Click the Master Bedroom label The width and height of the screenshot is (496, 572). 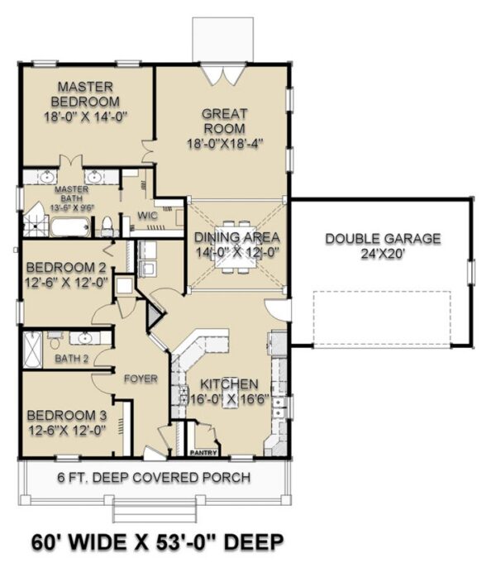[x=85, y=94]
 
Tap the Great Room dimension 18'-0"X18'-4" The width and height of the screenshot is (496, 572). [x=225, y=144]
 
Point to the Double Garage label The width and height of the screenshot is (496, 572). [x=383, y=239]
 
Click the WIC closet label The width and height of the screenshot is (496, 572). [x=147, y=215]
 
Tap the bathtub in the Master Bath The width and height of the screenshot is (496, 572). [x=70, y=227]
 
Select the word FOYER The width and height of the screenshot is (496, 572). [x=141, y=379]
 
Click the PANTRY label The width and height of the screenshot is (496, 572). [x=203, y=453]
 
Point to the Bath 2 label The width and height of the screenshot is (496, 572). [x=71, y=359]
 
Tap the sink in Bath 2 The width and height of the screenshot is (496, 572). [x=84, y=338]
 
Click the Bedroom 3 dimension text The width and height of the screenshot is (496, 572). [x=67, y=431]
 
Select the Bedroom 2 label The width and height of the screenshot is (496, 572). [x=66, y=267]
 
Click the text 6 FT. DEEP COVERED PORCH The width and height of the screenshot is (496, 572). [x=154, y=478]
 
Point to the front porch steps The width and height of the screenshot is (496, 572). [x=155, y=510]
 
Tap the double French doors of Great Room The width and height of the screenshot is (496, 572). [x=223, y=75]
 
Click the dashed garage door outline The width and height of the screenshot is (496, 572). [x=382, y=319]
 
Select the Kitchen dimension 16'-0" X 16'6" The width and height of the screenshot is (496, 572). [x=230, y=400]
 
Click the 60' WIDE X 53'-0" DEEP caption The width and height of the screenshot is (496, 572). [x=158, y=542]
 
